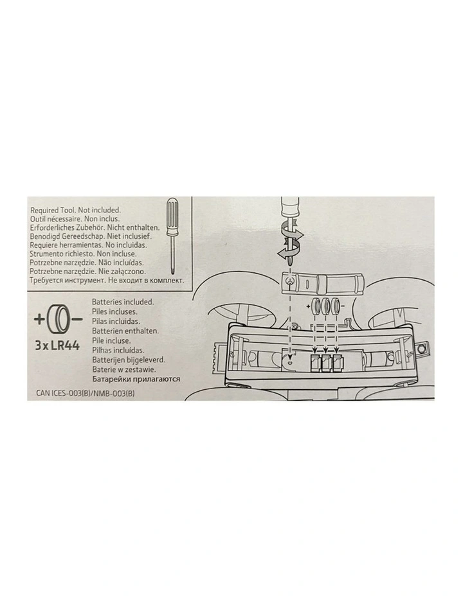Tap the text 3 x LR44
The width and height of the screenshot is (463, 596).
57,346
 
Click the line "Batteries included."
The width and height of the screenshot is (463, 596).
123,302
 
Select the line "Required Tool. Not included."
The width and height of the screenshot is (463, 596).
75,210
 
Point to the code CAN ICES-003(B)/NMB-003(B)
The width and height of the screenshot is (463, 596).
86,394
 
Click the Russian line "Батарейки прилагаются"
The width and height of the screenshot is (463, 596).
136,379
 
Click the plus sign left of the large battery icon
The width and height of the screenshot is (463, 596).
39,319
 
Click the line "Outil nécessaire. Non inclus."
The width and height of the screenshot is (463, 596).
75,218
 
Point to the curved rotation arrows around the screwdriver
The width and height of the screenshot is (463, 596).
289,241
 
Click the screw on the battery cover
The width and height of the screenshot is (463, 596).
290,281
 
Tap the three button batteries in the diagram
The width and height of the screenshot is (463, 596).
325,305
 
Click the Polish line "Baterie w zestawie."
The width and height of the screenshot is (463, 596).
123,369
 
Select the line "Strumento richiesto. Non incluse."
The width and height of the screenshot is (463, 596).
84,254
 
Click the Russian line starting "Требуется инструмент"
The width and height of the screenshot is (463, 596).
107,281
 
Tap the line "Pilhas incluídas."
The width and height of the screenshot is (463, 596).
118,350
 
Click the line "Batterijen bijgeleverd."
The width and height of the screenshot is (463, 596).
129,360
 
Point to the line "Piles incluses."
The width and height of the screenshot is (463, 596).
114,311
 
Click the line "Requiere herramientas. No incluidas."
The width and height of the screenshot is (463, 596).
88,245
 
